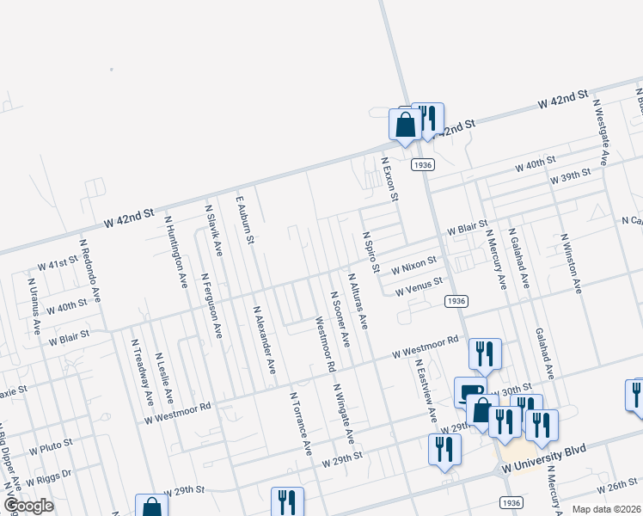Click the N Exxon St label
click(x=391, y=179)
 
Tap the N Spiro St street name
click(x=370, y=252)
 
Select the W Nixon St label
click(x=414, y=268)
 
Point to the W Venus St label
click(x=419, y=287)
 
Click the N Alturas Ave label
click(x=358, y=302)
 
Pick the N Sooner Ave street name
click(x=340, y=319)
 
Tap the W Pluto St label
click(x=50, y=450)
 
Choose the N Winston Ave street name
click(x=571, y=263)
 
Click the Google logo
click(x=28, y=506)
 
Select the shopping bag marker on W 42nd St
click(x=405, y=125)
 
